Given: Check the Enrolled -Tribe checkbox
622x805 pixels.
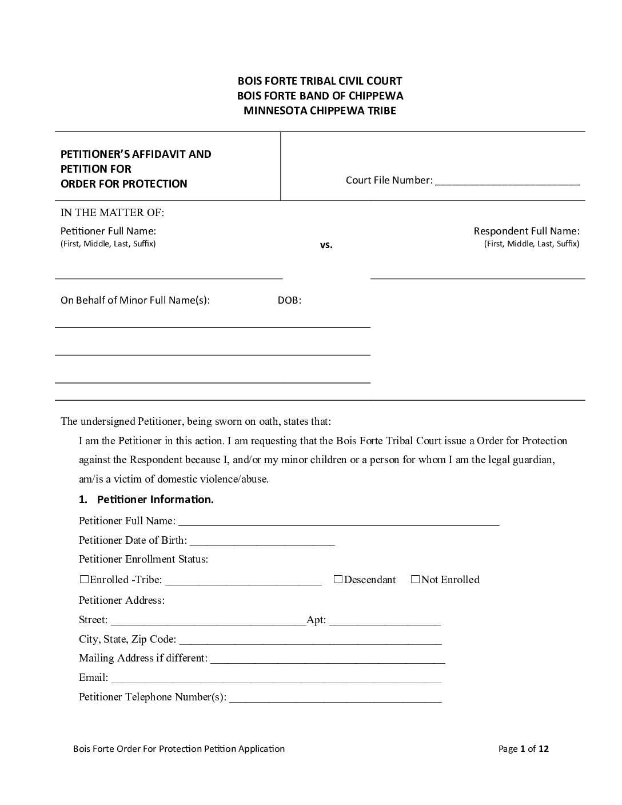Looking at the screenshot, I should click(85, 579).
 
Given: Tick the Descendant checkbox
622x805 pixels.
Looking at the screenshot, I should click(338, 579).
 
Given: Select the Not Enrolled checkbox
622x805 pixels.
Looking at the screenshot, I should click(415, 579).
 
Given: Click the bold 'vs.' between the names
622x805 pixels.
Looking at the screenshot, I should click(326, 245).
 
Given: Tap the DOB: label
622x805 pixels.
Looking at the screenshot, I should click(289, 300).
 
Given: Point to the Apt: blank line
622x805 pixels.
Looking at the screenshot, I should click(385, 620).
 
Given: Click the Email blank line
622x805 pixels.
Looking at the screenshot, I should click(276, 678).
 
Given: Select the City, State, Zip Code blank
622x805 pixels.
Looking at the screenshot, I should click(310, 640).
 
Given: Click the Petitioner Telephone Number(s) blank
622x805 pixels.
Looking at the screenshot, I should click(335, 698).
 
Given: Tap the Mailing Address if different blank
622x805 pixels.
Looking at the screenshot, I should click(328, 659).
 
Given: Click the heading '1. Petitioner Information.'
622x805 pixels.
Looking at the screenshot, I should click(146, 499).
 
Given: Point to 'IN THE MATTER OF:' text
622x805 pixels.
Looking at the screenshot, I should click(112, 213).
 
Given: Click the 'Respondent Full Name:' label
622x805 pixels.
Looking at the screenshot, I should click(526, 231).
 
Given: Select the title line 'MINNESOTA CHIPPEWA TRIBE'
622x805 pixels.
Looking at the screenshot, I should click(320, 111).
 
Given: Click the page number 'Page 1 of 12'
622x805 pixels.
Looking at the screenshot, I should click(523, 748).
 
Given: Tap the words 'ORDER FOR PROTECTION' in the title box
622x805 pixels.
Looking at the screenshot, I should click(124, 184).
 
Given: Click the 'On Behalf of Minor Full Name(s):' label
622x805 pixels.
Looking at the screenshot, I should click(135, 300).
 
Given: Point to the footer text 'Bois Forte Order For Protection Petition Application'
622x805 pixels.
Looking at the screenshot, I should click(179, 748).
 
